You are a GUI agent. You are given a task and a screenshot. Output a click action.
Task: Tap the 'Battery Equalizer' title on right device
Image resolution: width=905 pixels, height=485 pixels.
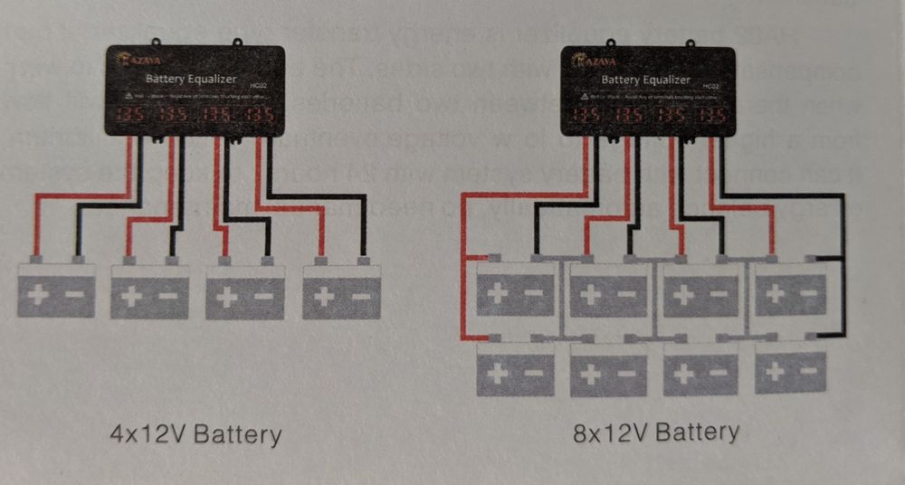coord(646,80)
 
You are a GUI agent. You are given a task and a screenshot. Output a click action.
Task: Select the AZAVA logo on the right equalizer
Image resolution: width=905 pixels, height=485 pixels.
coord(592,61)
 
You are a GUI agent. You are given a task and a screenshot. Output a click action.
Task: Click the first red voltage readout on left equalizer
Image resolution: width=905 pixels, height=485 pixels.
coord(130,116)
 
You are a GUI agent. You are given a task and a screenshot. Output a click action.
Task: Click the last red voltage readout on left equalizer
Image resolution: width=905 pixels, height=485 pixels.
coord(260,116)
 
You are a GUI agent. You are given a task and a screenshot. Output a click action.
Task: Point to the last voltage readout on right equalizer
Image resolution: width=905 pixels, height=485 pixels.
coord(711,116)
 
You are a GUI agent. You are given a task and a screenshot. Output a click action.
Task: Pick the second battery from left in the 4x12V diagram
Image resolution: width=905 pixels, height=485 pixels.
coord(150,291)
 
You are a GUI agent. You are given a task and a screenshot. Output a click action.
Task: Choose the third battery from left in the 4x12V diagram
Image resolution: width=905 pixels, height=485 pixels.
coord(244,291)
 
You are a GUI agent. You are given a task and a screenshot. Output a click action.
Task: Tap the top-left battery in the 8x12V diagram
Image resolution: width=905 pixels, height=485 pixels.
coord(516,288)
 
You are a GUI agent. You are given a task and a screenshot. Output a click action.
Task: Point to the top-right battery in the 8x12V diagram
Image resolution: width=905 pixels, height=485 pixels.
coord(791,288)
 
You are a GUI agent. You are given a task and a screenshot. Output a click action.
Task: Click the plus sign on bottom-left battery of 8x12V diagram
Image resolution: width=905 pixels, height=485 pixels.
coord(498,371)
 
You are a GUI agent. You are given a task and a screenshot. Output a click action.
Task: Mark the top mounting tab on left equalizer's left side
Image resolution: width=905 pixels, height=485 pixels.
coord(157,42)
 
